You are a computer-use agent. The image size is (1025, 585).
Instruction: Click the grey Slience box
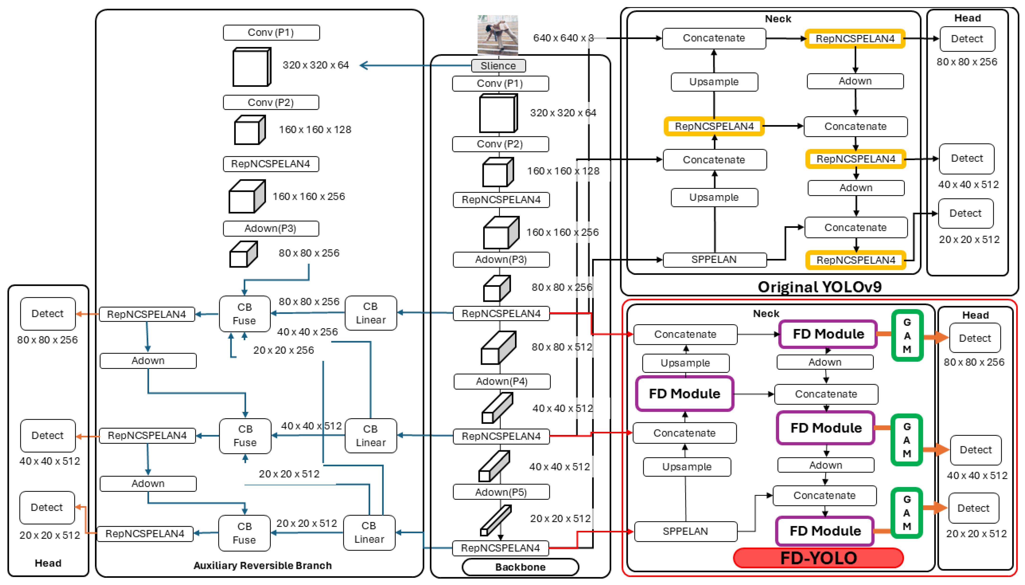click(498, 66)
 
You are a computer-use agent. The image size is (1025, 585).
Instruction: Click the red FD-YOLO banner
click(818, 558)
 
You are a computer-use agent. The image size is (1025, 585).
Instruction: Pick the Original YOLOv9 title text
click(819, 287)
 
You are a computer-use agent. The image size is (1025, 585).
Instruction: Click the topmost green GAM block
click(907, 336)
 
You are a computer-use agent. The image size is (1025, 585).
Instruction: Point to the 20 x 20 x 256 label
click(284, 350)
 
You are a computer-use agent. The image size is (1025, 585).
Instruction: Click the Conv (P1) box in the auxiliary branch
click(271, 32)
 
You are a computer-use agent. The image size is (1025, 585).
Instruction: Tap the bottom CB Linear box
click(369, 532)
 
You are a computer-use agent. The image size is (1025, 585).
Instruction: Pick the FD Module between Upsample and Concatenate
click(684, 394)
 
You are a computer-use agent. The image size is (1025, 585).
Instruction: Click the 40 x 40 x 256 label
click(307, 332)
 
